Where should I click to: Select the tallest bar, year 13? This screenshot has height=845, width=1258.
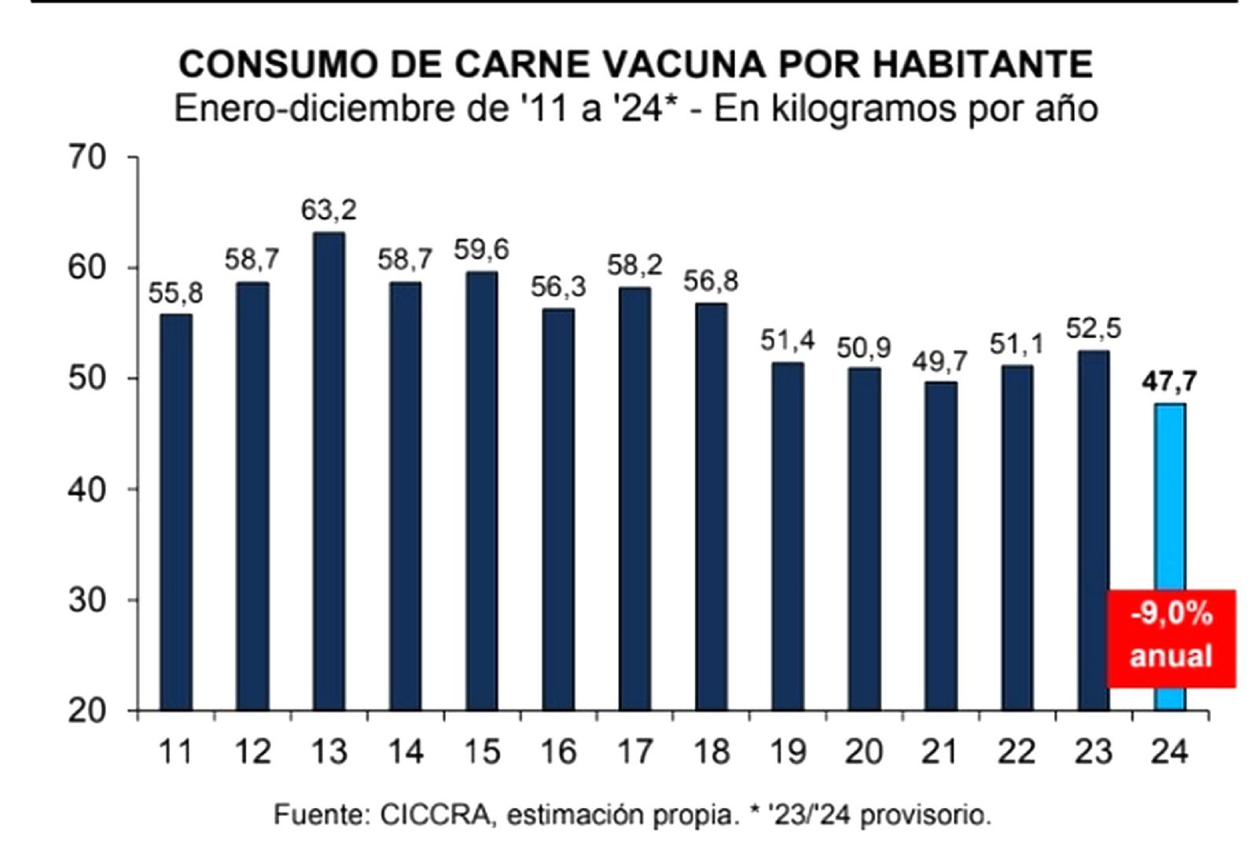tap(329, 472)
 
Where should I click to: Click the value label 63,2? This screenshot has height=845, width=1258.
tap(329, 210)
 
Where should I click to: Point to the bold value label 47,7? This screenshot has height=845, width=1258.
tap(1169, 382)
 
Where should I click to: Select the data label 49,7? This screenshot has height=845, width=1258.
tap(940, 362)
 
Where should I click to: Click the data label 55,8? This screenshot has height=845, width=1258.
tap(175, 293)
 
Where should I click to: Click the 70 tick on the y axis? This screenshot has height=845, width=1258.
tap(86, 158)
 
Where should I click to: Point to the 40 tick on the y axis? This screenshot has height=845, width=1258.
tap(86, 490)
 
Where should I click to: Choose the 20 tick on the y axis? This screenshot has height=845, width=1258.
tap(86, 711)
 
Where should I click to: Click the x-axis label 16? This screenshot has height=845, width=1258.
tap(558, 752)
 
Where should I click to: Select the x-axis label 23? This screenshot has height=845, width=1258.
tap(1093, 752)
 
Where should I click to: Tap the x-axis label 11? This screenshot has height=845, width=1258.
tap(175, 752)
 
